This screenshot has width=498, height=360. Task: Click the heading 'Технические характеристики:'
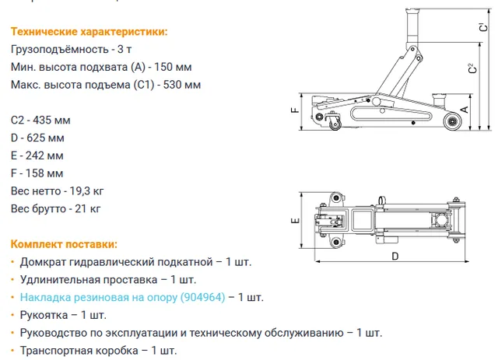[x=89, y=32]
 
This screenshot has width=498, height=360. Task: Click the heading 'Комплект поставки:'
[x=64, y=244]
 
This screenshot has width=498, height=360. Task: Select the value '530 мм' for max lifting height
[x=182, y=85]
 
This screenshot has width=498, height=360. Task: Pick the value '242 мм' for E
[x=44, y=156]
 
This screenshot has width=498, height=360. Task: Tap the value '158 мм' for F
[x=44, y=173]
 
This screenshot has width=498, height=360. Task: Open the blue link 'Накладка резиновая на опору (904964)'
[x=123, y=298]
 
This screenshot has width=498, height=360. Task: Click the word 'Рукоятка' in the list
[x=44, y=315]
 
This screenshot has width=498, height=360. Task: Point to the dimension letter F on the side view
[x=295, y=110]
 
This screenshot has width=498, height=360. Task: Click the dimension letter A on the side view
[x=465, y=110]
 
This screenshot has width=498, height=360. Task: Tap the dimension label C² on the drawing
[x=473, y=68]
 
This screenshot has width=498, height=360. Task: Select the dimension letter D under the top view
[x=395, y=256]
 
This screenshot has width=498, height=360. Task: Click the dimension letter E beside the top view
[x=296, y=220]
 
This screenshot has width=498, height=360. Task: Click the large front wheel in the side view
[x=451, y=121]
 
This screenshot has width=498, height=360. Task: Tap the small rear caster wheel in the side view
[x=335, y=124]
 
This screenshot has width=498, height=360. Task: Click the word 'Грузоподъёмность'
[x=60, y=50]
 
